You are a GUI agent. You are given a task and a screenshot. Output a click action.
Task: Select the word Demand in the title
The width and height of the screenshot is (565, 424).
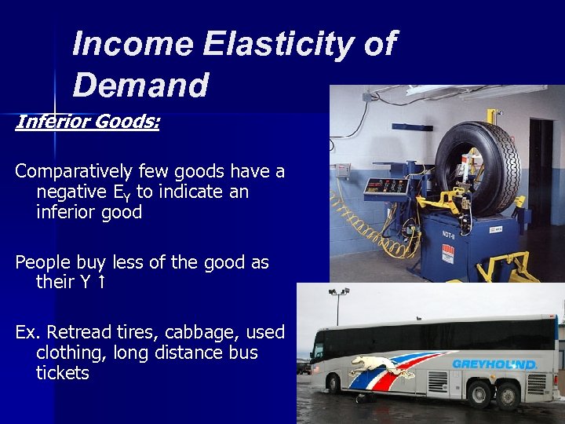(x=140, y=85)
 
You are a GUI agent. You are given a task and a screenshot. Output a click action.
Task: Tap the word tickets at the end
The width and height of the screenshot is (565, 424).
(x=63, y=373)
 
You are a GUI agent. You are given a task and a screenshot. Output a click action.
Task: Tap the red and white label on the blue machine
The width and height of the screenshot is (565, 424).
(x=448, y=255)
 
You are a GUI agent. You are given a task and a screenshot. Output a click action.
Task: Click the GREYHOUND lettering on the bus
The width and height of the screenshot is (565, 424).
(x=494, y=364)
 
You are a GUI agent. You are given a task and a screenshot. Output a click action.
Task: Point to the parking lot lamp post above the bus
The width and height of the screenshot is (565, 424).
(x=338, y=302)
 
